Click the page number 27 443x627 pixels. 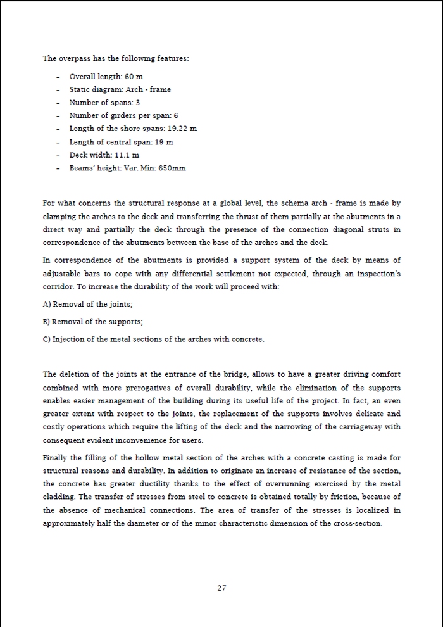(x=221, y=588)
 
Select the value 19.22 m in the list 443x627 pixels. (x=182, y=129)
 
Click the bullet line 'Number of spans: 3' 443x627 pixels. (x=104, y=103)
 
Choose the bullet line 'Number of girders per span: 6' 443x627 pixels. (x=123, y=116)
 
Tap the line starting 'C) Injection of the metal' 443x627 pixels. (x=154, y=339)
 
